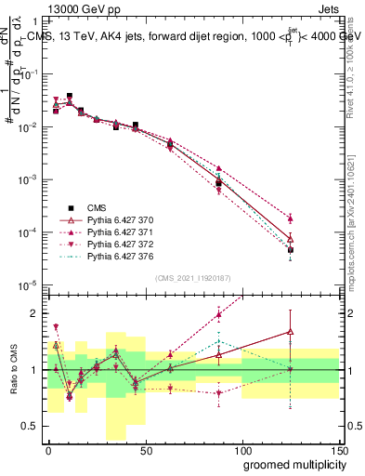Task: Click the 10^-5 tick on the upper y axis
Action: (x=28, y=284)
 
